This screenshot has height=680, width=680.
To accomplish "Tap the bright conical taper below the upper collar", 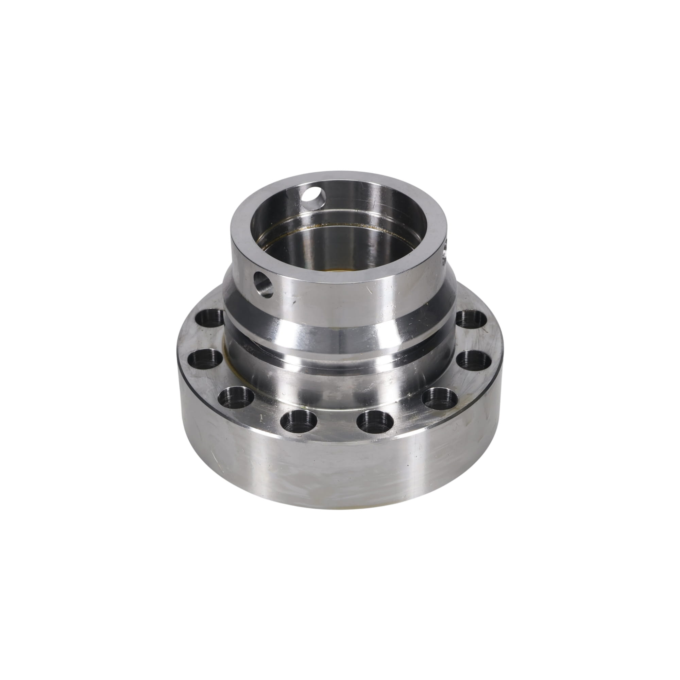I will point(338,338).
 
